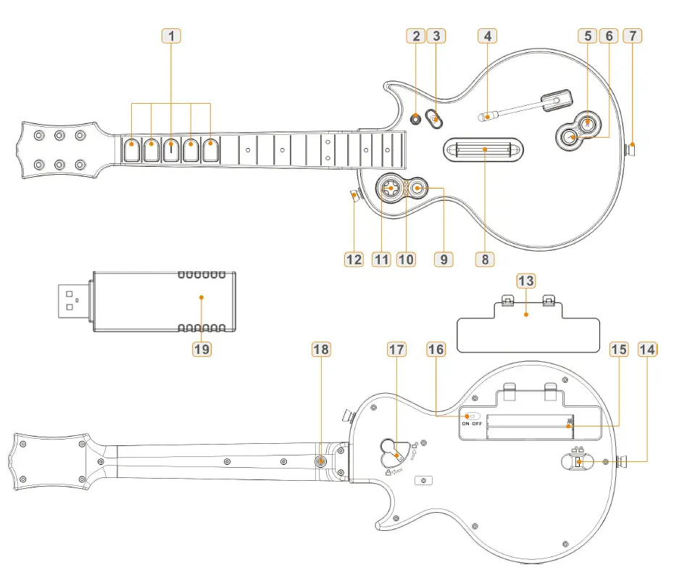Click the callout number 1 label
(x=171, y=35)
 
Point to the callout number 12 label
(x=353, y=259)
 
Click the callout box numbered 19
(x=201, y=349)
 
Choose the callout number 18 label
(x=320, y=349)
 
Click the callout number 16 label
(x=436, y=349)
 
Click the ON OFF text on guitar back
(x=472, y=424)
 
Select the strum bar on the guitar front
(x=482, y=150)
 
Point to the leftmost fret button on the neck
(x=131, y=150)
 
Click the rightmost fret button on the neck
(x=210, y=150)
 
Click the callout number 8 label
(x=485, y=259)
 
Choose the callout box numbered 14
(x=647, y=349)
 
